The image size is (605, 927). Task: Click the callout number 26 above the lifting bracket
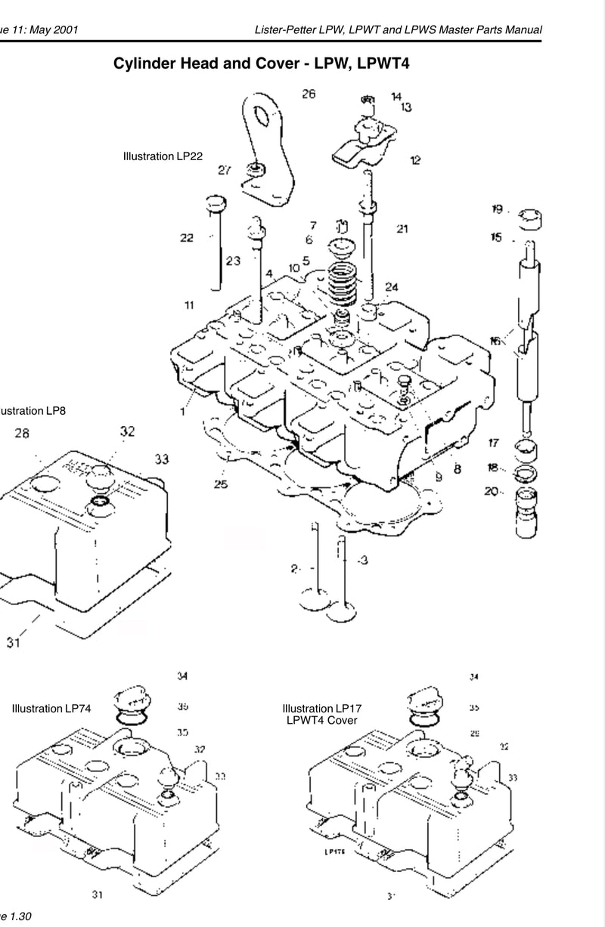[x=309, y=94]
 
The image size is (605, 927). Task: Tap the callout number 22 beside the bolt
[x=187, y=238]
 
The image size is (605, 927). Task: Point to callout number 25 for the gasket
[x=220, y=484]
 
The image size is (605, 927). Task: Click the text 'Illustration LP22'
[x=163, y=156]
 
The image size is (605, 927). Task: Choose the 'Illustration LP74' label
[x=52, y=709]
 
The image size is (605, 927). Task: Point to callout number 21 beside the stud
[x=402, y=229]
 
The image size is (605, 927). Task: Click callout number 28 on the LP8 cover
[x=21, y=434]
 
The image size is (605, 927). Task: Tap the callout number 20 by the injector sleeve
[x=491, y=492]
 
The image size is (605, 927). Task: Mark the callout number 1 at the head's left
[x=182, y=413]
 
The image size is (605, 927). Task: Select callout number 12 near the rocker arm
[x=415, y=160]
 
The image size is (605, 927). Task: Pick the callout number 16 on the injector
[x=496, y=341]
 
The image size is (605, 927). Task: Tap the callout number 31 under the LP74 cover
[x=98, y=895]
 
